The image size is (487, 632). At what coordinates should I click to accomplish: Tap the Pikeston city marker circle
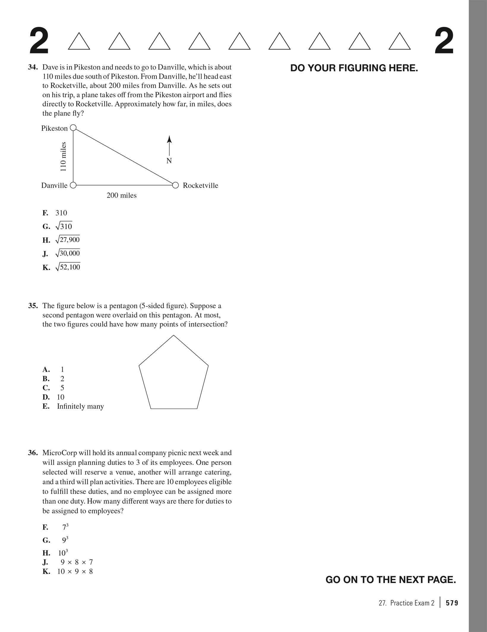click(73, 128)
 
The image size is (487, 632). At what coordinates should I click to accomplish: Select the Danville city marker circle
click(73, 185)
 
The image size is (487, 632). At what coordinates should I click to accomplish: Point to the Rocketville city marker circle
click(175, 185)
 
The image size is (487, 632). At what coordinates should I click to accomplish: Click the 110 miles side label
click(63, 156)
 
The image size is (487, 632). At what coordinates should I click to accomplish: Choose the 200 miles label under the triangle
click(121, 195)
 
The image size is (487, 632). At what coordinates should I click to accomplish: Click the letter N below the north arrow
click(169, 161)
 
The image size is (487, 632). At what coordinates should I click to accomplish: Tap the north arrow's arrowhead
click(169, 139)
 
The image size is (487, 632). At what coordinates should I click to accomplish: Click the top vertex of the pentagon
click(173, 335)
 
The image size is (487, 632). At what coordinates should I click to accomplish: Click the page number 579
click(452, 603)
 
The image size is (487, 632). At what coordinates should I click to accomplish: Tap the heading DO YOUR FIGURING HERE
click(354, 68)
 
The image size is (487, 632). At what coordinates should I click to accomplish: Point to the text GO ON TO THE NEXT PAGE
click(390, 580)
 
